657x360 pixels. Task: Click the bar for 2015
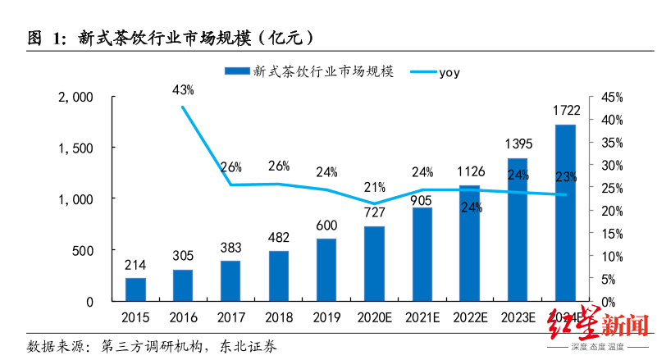click(x=135, y=289)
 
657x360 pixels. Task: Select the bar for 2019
click(x=326, y=270)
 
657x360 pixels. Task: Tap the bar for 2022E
click(x=469, y=243)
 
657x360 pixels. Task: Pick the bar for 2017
click(x=230, y=280)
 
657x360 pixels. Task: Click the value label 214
click(x=135, y=266)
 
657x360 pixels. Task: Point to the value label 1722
click(x=565, y=109)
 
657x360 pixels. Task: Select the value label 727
click(x=374, y=213)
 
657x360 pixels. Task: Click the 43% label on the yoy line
click(x=183, y=89)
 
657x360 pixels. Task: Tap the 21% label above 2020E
click(x=374, y=186)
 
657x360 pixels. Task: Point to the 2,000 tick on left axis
click(x=78, y=97)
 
